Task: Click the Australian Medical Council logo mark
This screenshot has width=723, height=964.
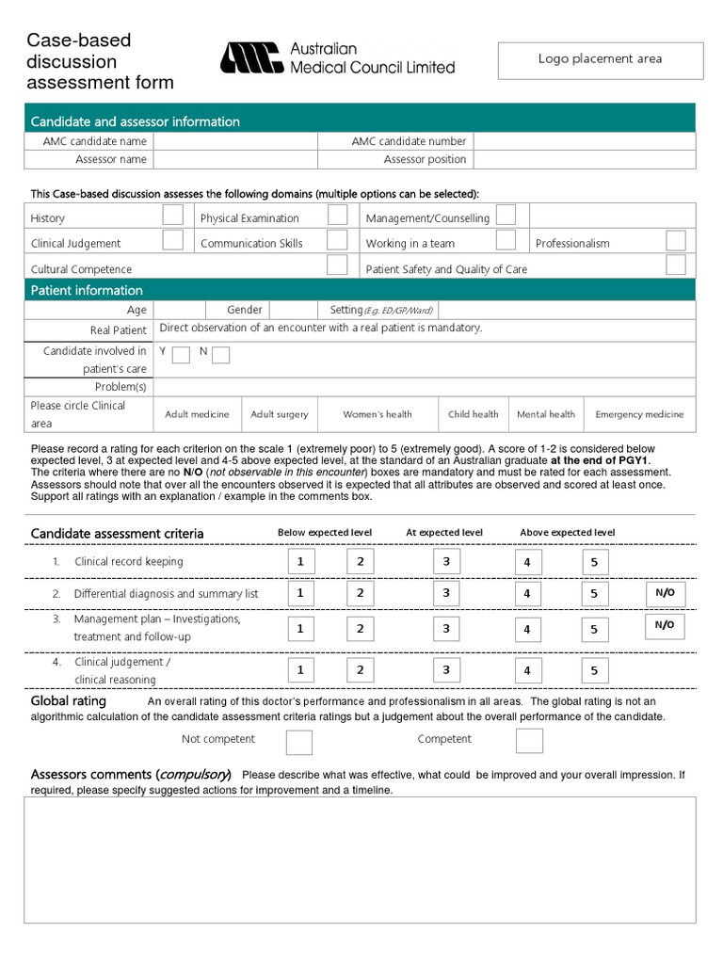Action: [250, 58]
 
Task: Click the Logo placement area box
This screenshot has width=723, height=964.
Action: [600, 59]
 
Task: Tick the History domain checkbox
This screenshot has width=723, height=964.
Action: [173, 215]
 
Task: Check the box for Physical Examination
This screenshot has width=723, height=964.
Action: [337, 215]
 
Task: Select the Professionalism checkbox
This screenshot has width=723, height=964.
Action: [675, 240]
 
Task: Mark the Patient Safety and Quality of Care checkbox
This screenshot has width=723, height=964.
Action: [675, 265]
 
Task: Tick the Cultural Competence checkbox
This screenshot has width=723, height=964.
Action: [337, 265]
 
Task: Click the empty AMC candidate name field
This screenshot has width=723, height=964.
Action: [235, 141]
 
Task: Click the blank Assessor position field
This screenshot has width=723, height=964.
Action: [584, 160]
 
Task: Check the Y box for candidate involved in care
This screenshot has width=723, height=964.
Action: [181, 355]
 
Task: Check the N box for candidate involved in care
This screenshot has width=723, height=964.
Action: [220, 355]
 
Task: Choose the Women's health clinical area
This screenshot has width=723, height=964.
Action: [378, 414]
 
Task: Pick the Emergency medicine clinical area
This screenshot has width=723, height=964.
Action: [639, 414]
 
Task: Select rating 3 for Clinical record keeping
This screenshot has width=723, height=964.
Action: [446, 562]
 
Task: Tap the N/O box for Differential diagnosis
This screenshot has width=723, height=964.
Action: [665, 593]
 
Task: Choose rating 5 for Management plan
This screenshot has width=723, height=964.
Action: [595, 629]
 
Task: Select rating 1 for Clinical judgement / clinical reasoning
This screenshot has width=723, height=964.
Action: [300, 670]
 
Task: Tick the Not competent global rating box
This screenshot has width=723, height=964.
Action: [299, 741]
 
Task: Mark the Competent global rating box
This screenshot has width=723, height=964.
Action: [529, 741]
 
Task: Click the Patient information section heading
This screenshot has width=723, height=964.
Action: [87, 290]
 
